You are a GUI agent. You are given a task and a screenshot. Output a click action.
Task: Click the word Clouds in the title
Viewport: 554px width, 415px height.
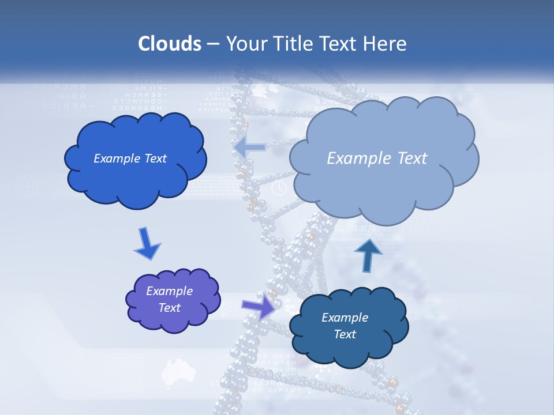[170, 44]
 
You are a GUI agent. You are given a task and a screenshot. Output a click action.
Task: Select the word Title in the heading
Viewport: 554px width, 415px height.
[294, 44]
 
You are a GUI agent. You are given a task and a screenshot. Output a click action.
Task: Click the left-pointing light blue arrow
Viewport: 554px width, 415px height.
[250, 148]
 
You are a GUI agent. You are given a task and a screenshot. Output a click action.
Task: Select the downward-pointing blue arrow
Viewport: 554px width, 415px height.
[147, 244]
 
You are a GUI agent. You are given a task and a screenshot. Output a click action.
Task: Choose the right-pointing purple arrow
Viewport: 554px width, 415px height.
[259, 306]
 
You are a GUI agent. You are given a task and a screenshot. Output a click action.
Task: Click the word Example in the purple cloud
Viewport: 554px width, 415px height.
[170, 291]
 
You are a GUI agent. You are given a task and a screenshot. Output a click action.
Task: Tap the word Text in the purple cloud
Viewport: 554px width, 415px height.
[170, 308]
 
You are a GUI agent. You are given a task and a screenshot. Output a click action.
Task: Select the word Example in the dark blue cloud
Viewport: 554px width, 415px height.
[345, 318]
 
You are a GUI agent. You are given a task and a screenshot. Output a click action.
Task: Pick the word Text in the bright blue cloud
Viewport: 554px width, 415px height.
[155, 159]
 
